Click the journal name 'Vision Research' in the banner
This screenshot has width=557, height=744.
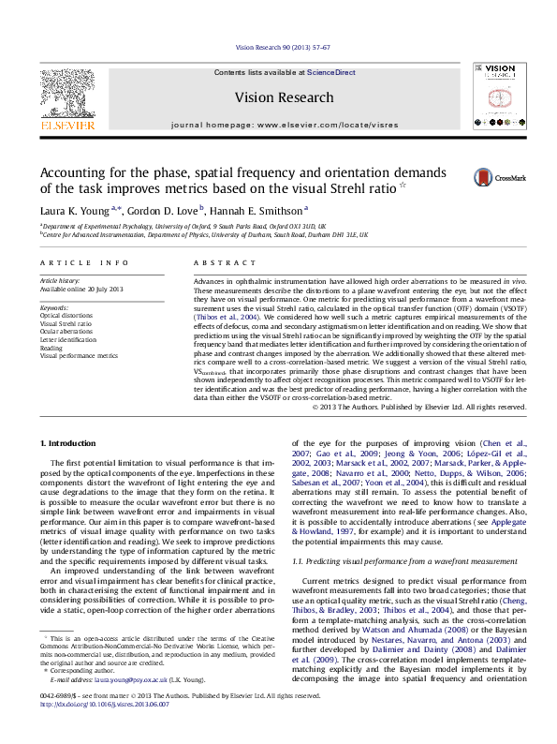click(284, 97)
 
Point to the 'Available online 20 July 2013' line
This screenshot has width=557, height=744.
click(81, 289)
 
